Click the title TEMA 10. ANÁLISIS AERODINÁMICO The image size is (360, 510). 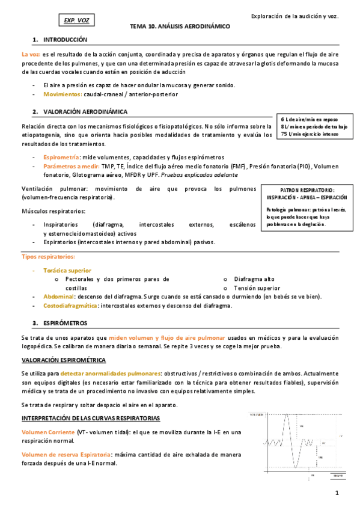tap(180, 27)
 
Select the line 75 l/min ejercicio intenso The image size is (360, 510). tap(309, 134)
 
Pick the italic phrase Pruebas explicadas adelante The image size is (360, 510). tap(205, 174)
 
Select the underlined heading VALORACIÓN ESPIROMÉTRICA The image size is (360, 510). tap(63, 360)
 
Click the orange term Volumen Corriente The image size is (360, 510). tap(48, 432)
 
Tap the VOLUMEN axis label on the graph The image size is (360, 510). tap(257, 415)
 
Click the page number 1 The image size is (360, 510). tap(337, 493)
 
